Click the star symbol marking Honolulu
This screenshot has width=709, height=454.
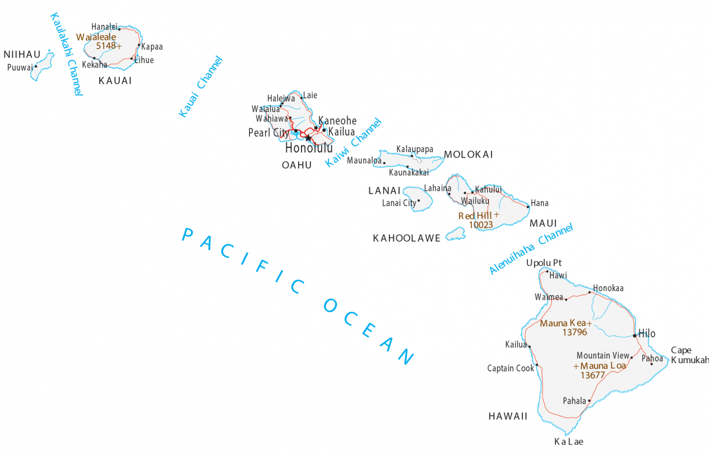click(x=308, y=137)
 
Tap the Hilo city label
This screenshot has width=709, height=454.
click(x=646, y=334)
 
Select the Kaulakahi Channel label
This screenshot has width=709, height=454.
click(x=66, y=54)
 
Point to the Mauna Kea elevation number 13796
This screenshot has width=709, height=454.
click(x=574, y=332)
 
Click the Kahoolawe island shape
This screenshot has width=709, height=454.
click(x=456, y=234)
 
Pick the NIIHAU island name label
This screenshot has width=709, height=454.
click(x=22, y=54)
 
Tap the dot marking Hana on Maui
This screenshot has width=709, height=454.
click(x=528, y=207)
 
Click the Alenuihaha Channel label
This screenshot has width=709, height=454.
click(x=531, y=249)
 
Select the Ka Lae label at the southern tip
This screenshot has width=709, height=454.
click(x=568, y=442)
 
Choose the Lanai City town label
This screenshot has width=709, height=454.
click(x=399, y=203)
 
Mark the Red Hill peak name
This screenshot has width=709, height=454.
click(x=475, y=216)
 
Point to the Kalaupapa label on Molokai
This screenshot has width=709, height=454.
click(x=415, y=149)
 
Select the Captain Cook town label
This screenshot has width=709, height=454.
click(x=511, y=368)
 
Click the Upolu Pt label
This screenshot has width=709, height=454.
click(x=544, y=263)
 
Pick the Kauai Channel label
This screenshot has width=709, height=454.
click(x=201, y=87)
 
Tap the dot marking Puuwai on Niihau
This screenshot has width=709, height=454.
click(x=36, y=66)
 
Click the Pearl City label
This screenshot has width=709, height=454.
click(x=268, y=133)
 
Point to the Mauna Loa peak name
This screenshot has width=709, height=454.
click(x=603, y=366)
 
